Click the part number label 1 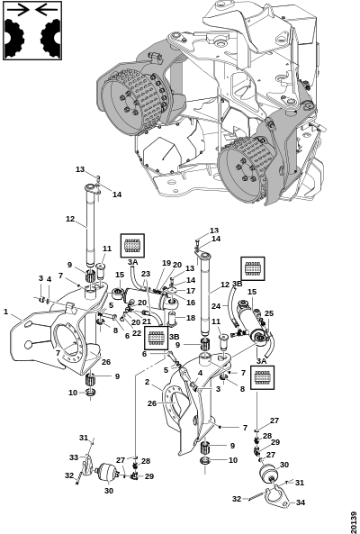click(5, 312)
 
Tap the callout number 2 click(147, 382)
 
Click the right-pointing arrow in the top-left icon click(18, 10)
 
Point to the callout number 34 click(300, 502)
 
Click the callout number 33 click(74, 457)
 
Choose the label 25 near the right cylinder click(269, 313)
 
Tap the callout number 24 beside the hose click(216, 306)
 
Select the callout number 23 click(146, 274)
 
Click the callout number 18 click(191, 318)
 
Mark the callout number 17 click(191, 291)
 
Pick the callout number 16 click(191, 303)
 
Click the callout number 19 click(166, 263)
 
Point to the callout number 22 click(137, 333)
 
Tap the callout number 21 click(147, 321)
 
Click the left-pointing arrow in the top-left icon click(47, 10)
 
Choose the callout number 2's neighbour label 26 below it click(152, 403)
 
